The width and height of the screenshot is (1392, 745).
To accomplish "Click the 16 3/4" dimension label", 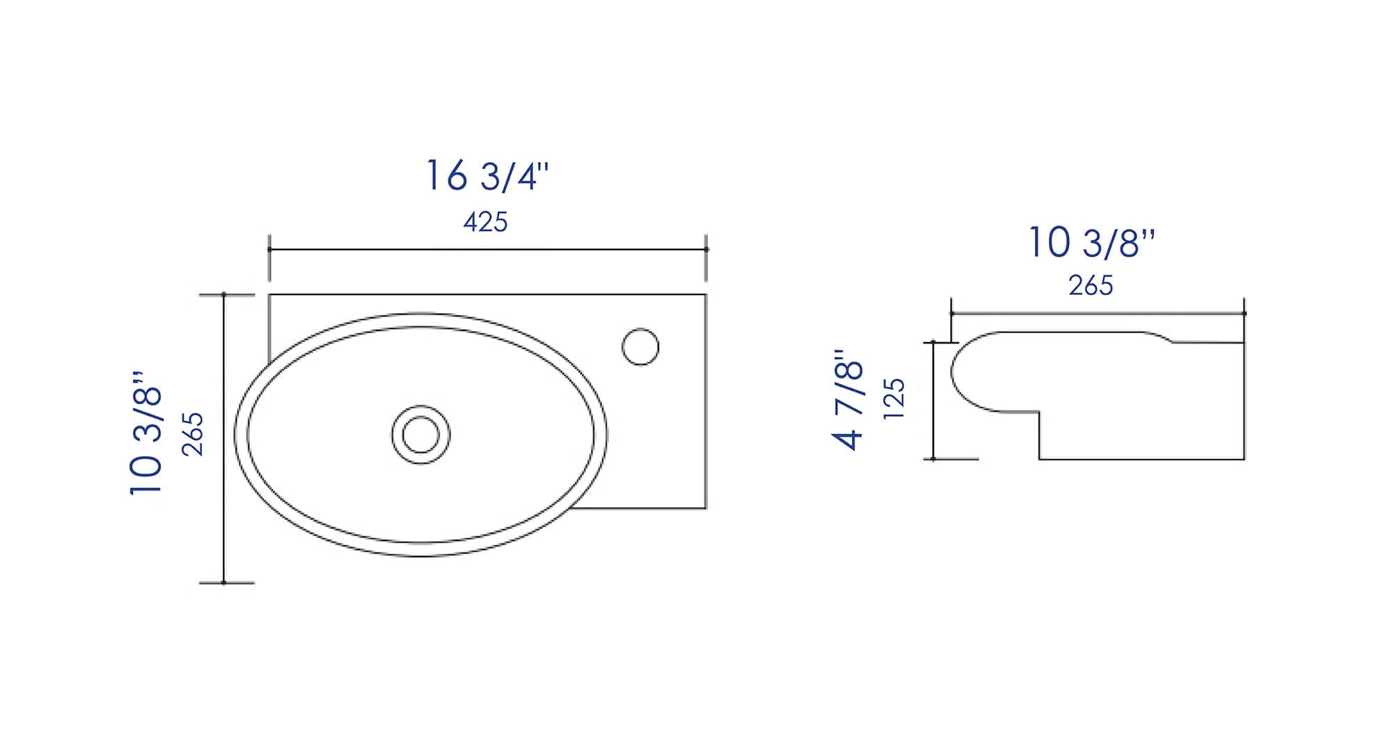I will [x=487, y=175].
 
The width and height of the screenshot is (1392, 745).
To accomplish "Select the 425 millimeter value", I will [x=485, y=222].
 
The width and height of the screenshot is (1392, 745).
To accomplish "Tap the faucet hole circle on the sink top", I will [x=640, y=346].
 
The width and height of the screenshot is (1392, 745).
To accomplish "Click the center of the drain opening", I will [x=420, y=435].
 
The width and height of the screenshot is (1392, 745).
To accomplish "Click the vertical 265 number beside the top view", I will [x=193, y=434].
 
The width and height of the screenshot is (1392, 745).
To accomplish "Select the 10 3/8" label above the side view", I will [x=1091, y=243].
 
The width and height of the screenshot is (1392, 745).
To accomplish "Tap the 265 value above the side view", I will [x=1091, y=285].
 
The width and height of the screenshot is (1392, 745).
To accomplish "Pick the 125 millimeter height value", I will [x=894, y=399].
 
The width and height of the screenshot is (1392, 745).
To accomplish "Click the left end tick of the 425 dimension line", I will [x=269, y=249].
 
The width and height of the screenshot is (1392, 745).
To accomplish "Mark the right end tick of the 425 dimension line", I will [x=706, y=249].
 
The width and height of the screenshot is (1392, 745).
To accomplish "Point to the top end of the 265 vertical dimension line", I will [x=224, y=295].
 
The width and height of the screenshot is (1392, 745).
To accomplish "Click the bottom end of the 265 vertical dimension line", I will [x=224, y=582].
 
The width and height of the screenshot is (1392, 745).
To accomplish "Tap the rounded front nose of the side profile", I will [x=953, y=371].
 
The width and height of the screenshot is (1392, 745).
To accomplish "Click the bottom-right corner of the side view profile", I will [x=1244, y=459].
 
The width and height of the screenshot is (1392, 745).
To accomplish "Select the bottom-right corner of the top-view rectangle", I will [x=706, y=508].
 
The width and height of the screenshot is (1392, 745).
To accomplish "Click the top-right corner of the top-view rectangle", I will [x=706, y=295].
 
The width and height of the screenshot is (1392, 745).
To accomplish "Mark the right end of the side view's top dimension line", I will [x=1244, y=314].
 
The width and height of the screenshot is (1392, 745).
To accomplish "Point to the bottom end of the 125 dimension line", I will [x=933, y=459].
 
